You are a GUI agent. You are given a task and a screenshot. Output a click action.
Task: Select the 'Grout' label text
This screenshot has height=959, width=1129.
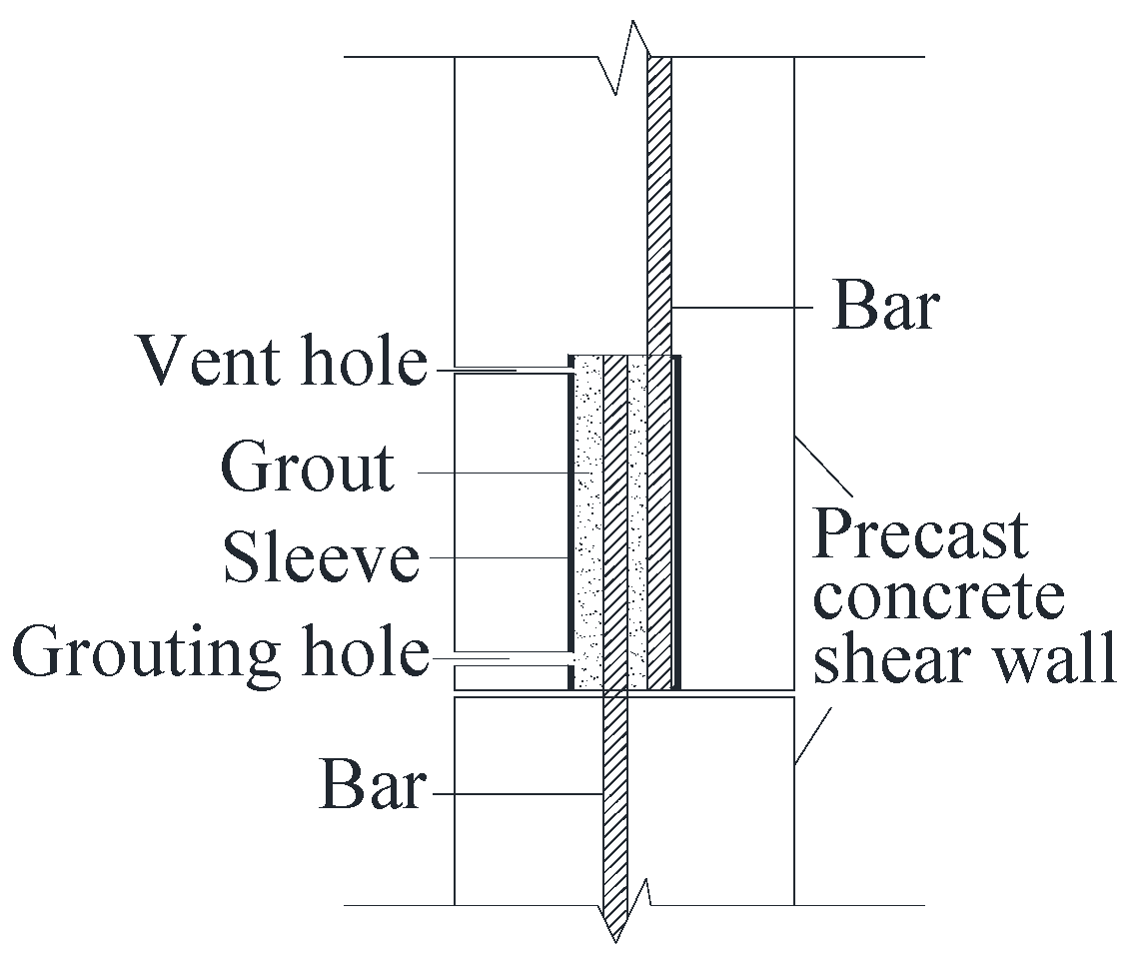coord(308,467)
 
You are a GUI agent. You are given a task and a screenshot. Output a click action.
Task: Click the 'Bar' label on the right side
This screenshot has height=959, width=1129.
coord(885,306)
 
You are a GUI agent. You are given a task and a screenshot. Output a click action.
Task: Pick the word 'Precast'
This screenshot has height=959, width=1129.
coord(919,535)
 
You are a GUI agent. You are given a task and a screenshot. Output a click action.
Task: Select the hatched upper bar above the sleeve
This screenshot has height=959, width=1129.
coord(659,200)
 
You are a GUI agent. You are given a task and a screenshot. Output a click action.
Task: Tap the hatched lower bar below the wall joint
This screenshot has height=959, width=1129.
coord(614,799)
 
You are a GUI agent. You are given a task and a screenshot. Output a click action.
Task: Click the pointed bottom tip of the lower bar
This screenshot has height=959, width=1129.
coord(614,934)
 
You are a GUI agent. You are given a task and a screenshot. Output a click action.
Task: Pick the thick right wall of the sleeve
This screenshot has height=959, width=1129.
coord(677,519)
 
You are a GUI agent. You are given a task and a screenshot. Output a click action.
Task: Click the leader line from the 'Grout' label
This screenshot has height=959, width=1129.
coord(500,473)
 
